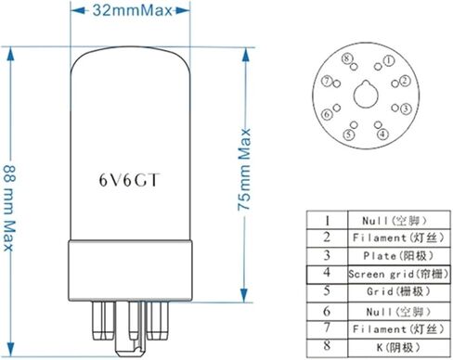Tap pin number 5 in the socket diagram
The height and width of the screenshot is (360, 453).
pos(347,134)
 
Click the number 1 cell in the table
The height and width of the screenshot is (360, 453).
pos(327,220)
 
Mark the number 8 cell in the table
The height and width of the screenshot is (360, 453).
pos(327,347)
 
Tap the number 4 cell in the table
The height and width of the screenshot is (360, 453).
pos(327,274)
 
